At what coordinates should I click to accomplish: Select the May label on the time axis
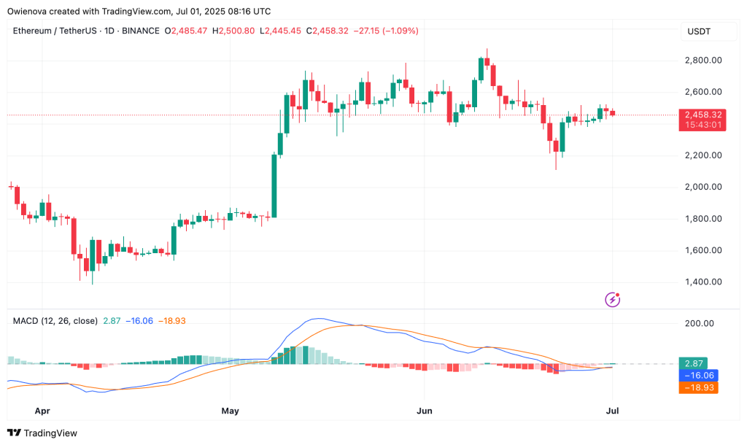click(231, 411)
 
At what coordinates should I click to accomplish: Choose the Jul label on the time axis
click(613, 411)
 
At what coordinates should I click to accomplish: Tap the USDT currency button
click(700, 31)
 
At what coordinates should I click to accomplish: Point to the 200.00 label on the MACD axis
click(698, 323)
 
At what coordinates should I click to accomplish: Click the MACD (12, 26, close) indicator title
click(55, 320)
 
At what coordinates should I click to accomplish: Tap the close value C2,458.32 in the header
click(332, 31)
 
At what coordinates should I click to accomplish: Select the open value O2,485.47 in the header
click(186, 31)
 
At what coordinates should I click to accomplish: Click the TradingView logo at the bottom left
click(44, 433)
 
